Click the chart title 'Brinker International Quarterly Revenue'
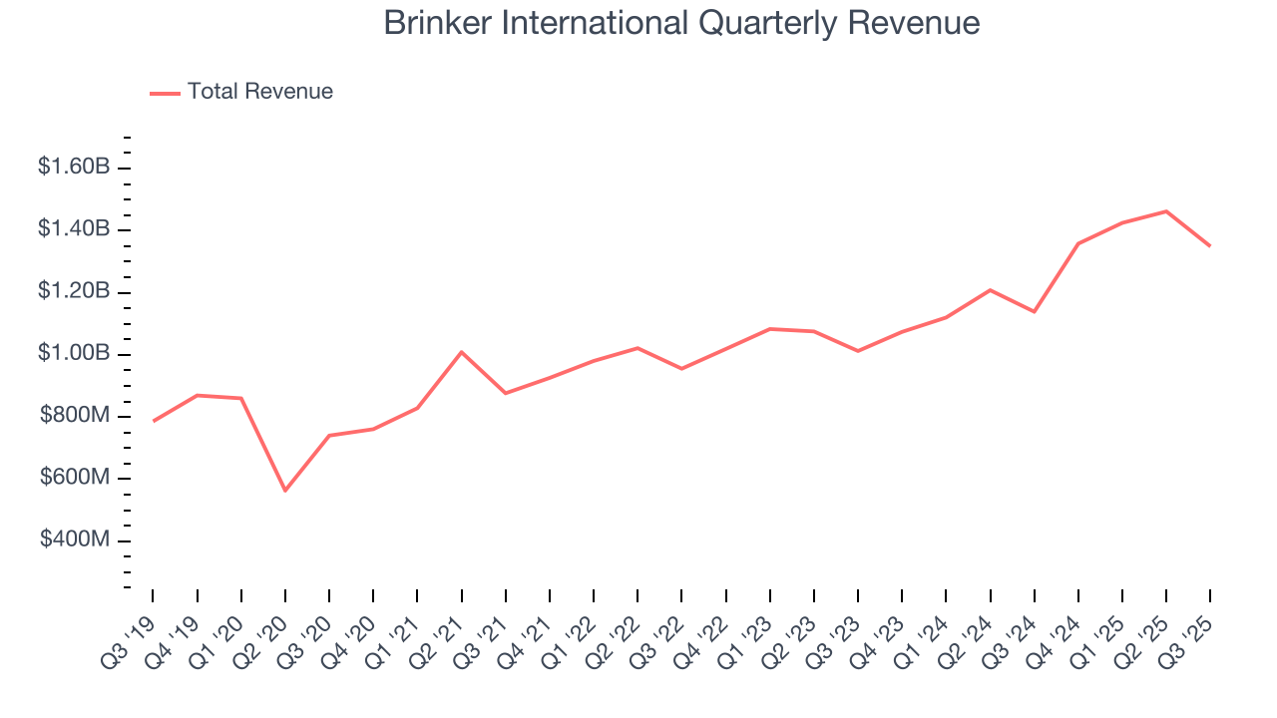click(681, 23)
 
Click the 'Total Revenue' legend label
click(259, 92)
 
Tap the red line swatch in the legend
click(165, 93)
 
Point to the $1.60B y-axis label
click(74, 167)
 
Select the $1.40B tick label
click(74, 229)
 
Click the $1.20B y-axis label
click(74, 291)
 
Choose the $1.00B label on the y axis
click(74, 354)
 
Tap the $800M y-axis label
click(75, 416)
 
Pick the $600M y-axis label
click(75, 478)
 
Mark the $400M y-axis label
click(75, 539)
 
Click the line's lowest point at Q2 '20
click(285, 491)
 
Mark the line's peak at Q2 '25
click(1166, 211)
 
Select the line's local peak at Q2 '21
click(461, 352)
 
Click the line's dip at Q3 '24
click(1035, 312)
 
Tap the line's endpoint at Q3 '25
click(1210, 246)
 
